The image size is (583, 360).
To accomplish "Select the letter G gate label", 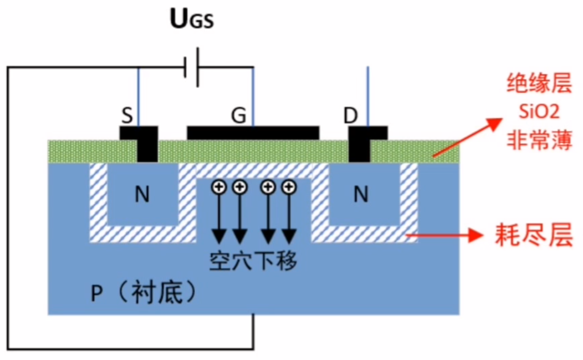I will (x=239, y=116).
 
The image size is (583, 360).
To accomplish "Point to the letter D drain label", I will (x=350, y=116).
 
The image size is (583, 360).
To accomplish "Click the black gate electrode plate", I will (x=253, y=132).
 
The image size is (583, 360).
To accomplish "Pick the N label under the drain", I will (x=361, y=196).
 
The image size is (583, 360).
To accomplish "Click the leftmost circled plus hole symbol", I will (x=219, y=186).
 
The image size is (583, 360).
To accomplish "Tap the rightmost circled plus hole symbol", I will (x=289, y=186).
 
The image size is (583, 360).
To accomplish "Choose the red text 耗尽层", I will (x=526, y=236).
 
